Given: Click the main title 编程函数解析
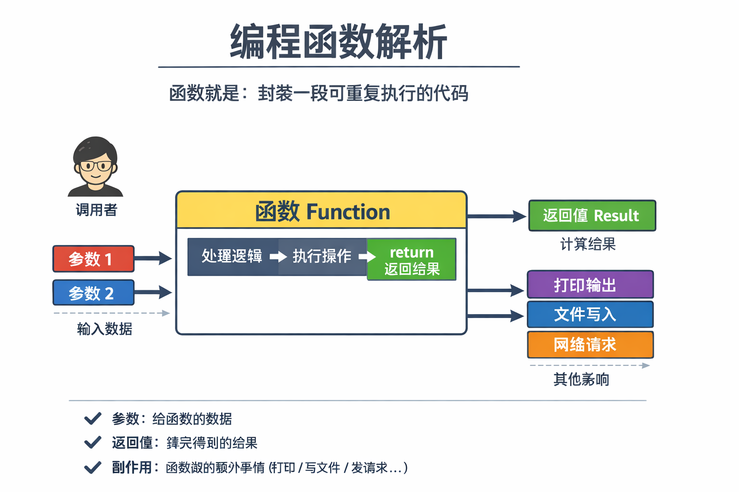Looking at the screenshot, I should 338,42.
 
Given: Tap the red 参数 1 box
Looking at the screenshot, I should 93,259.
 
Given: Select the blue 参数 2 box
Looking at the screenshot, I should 93,293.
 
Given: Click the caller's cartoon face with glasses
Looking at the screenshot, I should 95,166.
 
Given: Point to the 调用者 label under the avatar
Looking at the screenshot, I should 96,210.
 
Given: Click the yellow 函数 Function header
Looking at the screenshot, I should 321,211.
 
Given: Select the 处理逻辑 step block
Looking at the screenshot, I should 232,257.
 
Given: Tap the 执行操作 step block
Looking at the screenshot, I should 322,257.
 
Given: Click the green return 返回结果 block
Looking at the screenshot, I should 412,260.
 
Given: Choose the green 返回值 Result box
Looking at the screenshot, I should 592,216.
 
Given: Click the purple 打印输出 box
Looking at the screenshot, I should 590,285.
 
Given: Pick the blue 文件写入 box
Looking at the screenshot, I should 590,315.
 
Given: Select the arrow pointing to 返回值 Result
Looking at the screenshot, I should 496,217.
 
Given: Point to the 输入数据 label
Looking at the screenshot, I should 104,329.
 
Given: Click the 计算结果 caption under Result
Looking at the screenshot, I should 587,244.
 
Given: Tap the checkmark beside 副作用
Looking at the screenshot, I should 92,467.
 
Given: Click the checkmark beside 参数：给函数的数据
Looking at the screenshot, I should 92,418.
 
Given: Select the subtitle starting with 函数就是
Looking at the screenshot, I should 319,93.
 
